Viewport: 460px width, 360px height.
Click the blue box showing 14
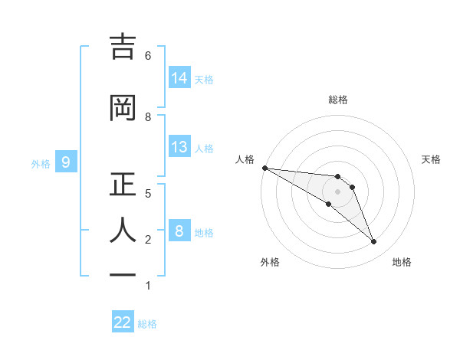pyautogui.click(x=179, y=77)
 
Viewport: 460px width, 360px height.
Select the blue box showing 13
pyautogui.click(x=179, y=147)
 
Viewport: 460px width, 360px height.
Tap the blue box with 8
pyautogui.click(x=179, y=231)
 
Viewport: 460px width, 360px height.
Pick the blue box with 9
pyautogui.click(x=66, y=162)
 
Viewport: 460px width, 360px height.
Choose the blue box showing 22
pyautogui.click(x=123, y=322)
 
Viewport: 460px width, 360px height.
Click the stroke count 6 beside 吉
pyautogui.click(x=148, y=55)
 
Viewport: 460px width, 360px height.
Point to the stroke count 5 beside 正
pyautogui.click(x=148, y=193)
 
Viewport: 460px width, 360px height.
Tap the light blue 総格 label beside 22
pyautogui.click(x=147, y=324)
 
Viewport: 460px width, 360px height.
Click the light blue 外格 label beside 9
pyautogui.click(x=41, y=163)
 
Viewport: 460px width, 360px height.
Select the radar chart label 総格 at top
pyautogui.click(x=337, y=100)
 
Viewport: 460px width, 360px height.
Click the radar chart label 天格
pyautogui.click(x=432, y=159)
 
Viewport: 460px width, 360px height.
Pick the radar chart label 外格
pyautogui.click(x=270, y=262)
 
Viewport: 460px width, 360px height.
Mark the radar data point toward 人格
pyautogui.click(x=264, y=168)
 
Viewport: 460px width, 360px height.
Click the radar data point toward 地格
pyautogui.click(x=373, y=242)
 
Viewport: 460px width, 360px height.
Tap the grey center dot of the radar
pyautogui.click(x=337, y=191)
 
